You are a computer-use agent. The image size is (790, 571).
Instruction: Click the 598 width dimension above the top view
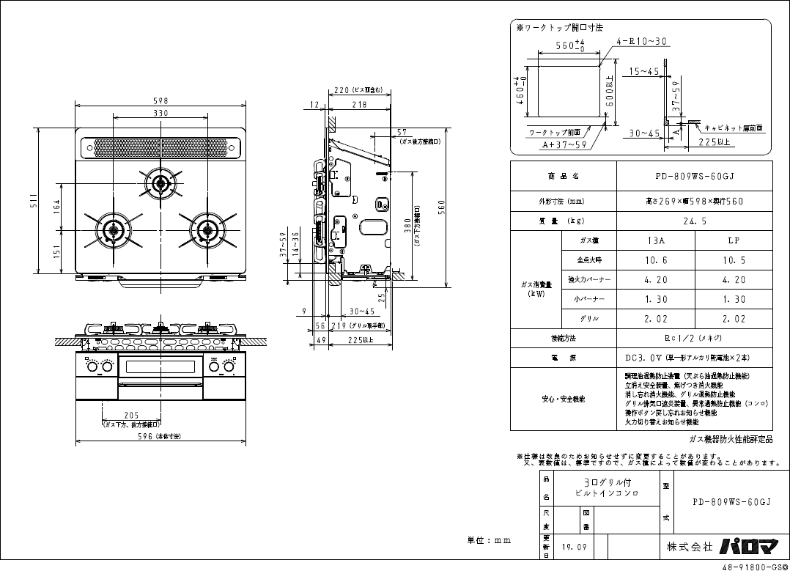click(160, 100)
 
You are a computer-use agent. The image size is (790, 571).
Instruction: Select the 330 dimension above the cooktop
click(160, 114)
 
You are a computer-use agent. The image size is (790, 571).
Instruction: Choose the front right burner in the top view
click(207, 229)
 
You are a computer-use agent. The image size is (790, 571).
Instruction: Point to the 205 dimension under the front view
click(131, 415)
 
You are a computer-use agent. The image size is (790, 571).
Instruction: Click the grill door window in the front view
click(161, 366)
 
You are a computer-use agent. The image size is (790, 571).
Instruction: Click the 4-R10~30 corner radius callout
click(641, 42)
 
